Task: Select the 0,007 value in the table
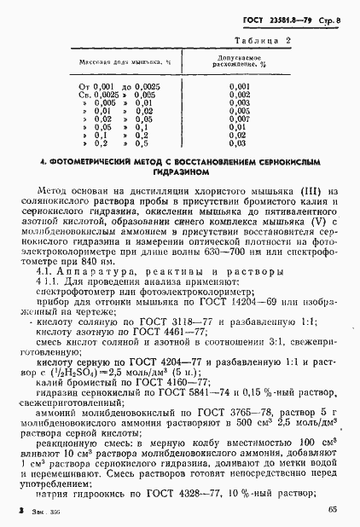240,119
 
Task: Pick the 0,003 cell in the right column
240,102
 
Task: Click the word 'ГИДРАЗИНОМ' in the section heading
179,171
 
